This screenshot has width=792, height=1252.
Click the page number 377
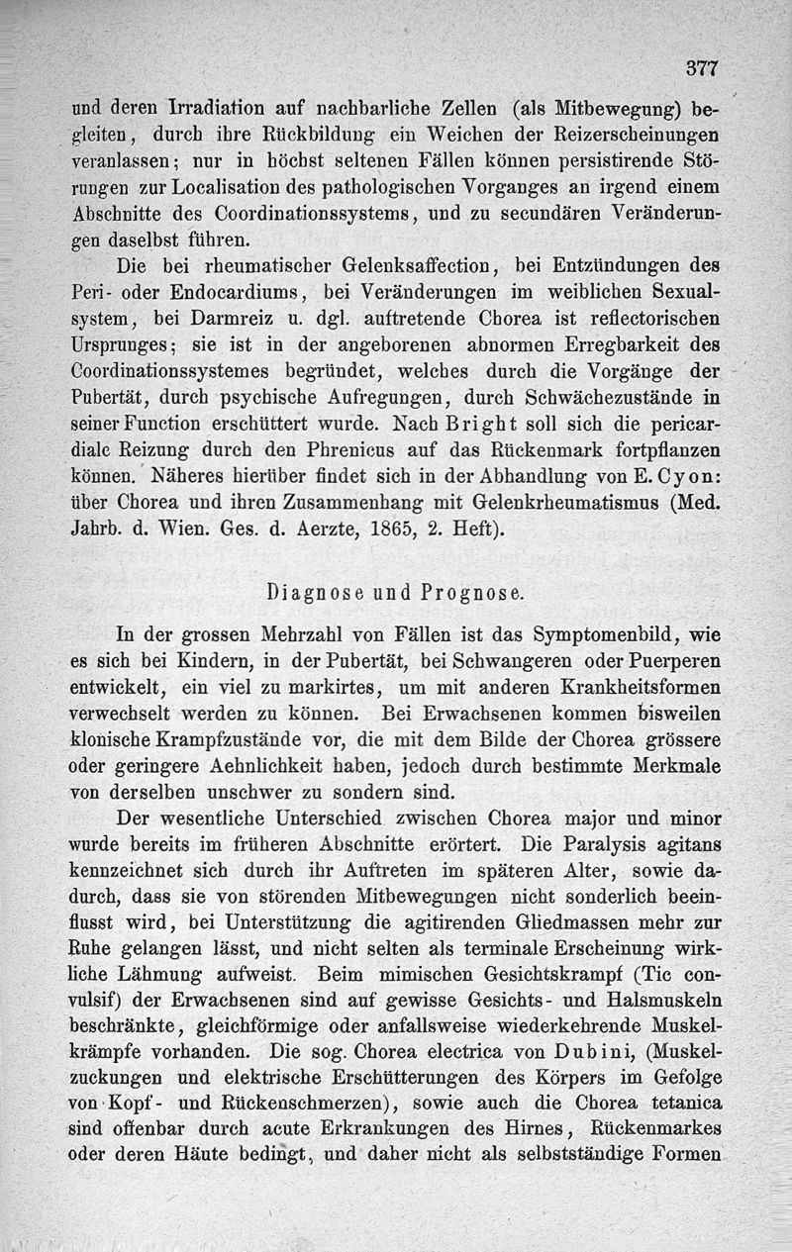click(x=700, y=68)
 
